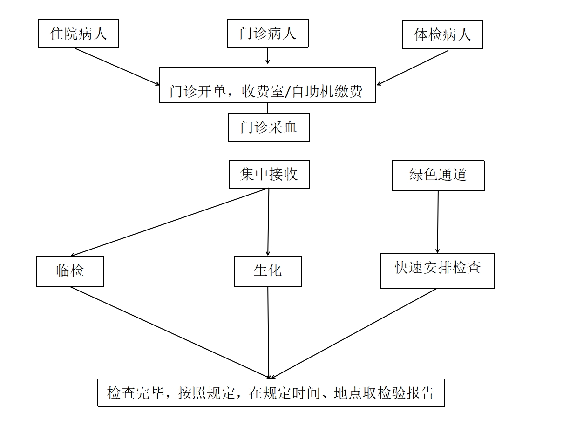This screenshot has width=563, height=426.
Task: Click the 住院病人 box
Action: click(78, 34)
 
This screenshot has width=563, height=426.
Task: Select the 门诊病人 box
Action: click(268, 33)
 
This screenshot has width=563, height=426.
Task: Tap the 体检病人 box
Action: click(442, 34)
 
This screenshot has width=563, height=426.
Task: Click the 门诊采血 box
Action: click(269, 127)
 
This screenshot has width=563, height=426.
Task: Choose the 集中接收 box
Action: click(269, 174)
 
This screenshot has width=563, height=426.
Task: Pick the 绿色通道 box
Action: click(438, 176)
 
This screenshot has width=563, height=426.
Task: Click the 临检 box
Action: click(70, 271)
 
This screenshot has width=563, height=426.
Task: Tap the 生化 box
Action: click(268, 271)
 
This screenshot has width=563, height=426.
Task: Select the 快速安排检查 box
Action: click(438, 270)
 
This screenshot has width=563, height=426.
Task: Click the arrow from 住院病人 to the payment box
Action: click(117, 67)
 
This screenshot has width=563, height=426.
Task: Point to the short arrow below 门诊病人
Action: click(267, 55)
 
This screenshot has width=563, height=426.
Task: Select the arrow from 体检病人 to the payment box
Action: click(413, 68)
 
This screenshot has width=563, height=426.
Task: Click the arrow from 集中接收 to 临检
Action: click(170, 222)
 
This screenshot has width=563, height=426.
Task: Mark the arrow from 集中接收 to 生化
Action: click(268, 222)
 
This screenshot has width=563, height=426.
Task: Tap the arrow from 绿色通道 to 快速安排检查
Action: click(438, 222)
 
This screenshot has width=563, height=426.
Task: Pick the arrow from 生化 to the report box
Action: click(268, 333)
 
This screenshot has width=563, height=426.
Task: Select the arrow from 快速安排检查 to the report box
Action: click(354, 333)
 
